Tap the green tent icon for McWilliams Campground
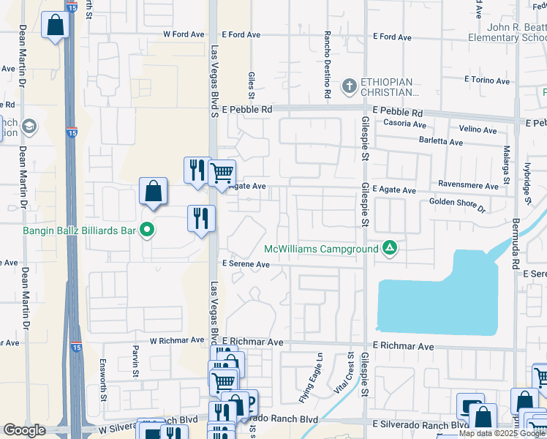[391, 249]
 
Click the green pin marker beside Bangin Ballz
[147, 230]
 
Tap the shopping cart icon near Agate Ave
[222, 173]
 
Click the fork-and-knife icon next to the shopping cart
[196, 170]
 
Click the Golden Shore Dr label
[457, 204]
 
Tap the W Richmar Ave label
[177, 340]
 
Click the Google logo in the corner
[24, 430]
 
